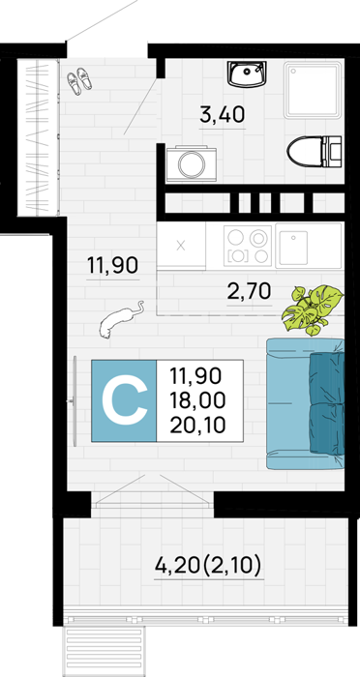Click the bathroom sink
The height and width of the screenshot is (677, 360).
pyautogui.click(x=247, y=74)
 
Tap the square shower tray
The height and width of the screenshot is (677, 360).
pyautogui.click(x=313, y=90)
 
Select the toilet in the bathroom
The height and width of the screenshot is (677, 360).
pyautogui.click(x=315, y=152)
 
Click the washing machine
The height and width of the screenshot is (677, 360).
pyautogui.click(x=192, y=162)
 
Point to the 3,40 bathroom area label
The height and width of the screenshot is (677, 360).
pyautogui.click(x=223, y=115)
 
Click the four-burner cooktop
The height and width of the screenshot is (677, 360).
pyautogui.click(x=248, y=246)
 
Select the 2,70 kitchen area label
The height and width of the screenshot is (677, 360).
pyautogui.click(x=250, y=292)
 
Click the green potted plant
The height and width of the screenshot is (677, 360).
pyautogui.click(x=313, y=309)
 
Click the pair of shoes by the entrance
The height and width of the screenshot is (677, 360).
pyautogui.click(x=79, y=80)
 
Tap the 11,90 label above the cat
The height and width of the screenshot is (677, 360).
pyautogui.click(x=112, y=265)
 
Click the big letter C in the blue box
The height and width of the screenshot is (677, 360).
pyautogui.click(x=124, y=400)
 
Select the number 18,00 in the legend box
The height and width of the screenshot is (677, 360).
pyautogui.click(x=197, y=400)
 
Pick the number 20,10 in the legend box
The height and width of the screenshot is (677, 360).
pyautogui.click(x=197, y=426)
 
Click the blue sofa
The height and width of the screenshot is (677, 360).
pyautogui.click(x=306, y=403)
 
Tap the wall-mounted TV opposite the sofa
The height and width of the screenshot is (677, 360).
pyautogui.click(x=75, y=401)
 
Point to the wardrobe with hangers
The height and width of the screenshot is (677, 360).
pyautogui.click(x=38, y=137)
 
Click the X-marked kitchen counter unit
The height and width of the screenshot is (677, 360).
pyautogui.click(x=181, y=246)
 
